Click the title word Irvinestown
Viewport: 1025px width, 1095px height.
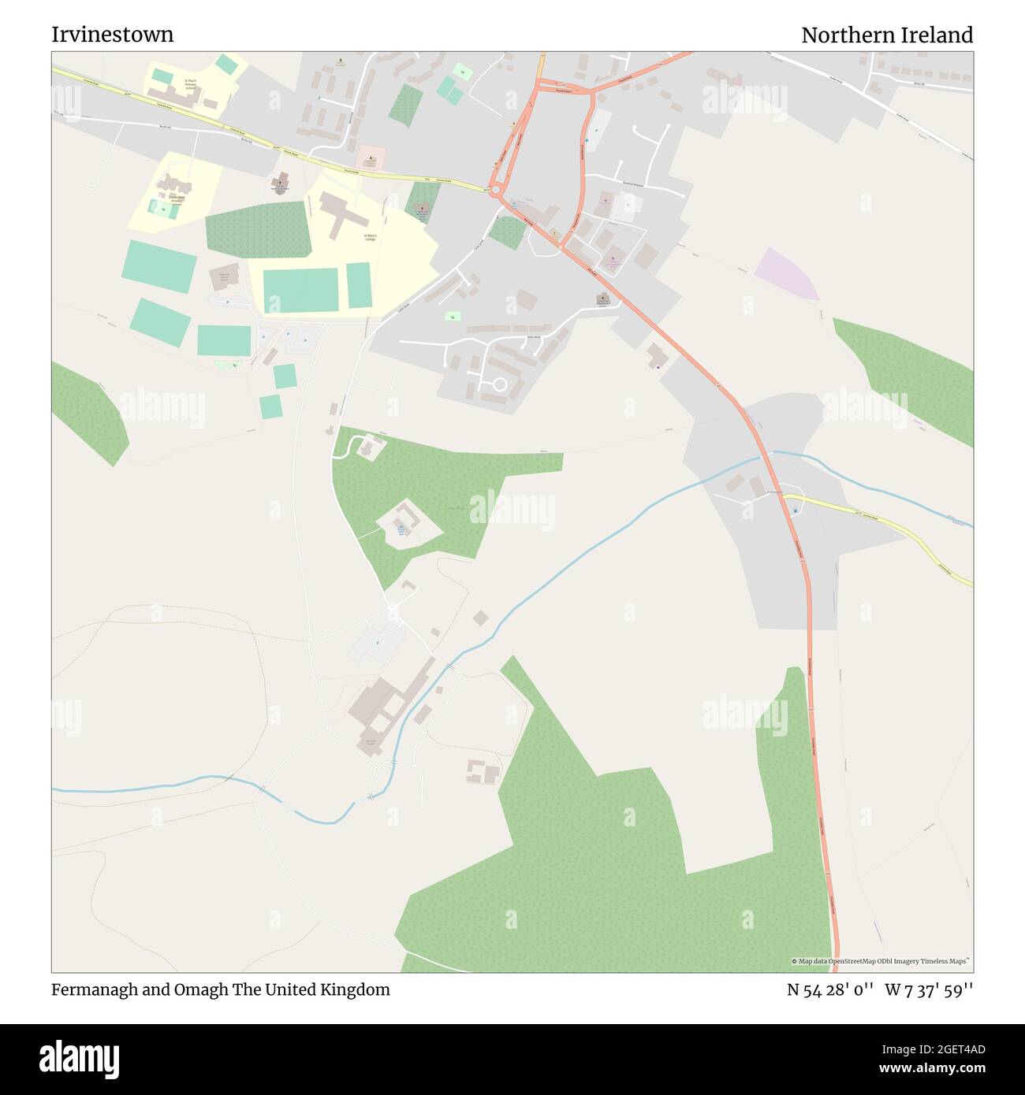[x=113, y=35]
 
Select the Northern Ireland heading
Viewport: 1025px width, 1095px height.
[x=886, y=35]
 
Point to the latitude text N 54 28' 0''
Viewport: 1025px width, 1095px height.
[x=830, y=989]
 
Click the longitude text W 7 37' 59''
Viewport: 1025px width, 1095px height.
[x=928, y=989]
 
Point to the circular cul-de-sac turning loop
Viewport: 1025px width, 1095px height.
[x=499, y=384]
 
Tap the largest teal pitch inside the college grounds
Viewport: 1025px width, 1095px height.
[x=300, y=290]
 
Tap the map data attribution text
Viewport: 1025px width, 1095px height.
[x=881, y=961]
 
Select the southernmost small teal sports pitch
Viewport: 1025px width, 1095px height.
[x=270, y=406]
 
